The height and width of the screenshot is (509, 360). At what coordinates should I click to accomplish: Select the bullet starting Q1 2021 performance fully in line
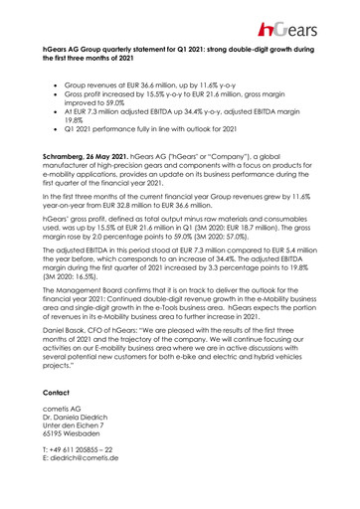click(169, 130)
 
